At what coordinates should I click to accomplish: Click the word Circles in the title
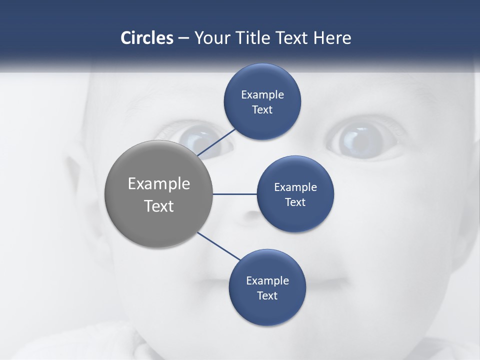(147, 38)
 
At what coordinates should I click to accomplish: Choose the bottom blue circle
(267, 310)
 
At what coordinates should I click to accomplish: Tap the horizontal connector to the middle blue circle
(234, 194)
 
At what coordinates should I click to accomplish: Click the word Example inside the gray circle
(159, 184)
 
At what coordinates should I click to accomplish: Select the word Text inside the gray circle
(159, 206)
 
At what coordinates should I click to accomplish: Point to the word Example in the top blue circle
(262, 95)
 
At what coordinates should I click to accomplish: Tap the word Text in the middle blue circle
(295, 202)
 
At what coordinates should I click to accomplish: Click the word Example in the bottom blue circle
(267, 281)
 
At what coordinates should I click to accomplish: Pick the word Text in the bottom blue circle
(267, 296)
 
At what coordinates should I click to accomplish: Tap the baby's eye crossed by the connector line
(200, 138)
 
